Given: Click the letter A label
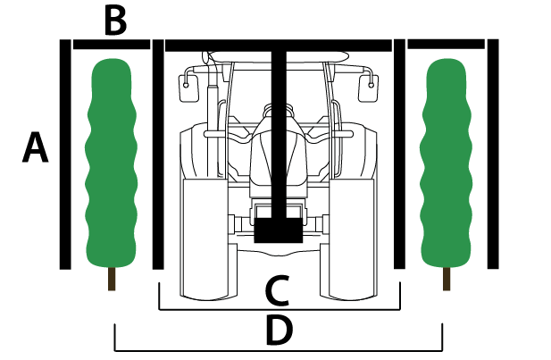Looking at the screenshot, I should click(x=35, y=147).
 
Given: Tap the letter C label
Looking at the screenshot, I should click(x=278, y=290).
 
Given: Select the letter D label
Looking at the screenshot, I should click(x=280, y=331).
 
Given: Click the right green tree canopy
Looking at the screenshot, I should click(x=446, y=161).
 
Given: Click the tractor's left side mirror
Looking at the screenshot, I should click(x=186, y=87).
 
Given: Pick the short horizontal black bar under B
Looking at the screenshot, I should click(x=111, y=43).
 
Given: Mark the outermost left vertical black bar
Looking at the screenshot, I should click(x=64, y=154).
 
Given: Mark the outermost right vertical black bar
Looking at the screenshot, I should click(x=493, y=154).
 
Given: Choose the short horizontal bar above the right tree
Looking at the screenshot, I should click(x=445, y=43).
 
